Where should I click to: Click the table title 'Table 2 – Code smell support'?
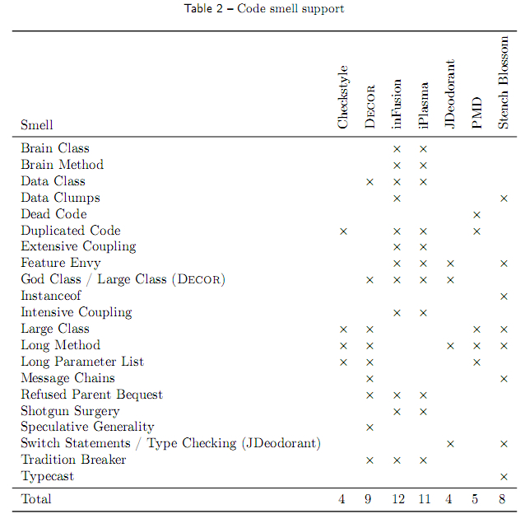tap(264, 9)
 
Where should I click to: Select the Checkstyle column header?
tap(343, 97)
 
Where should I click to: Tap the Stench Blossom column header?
tap(504, 82)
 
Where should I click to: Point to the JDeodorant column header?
tap(450, 94)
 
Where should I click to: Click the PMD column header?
tap(476, 113)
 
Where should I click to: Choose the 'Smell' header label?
tap(37, 124)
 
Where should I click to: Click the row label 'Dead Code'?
tap(54, 214)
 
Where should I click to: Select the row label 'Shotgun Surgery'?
tap(70, 411)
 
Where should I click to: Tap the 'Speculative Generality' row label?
tap(87, 427)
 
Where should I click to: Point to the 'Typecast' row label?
tap(47, 476)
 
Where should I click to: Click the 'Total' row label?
tap(36, 499)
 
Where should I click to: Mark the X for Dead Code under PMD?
tap(476, 215)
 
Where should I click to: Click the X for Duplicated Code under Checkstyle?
tap(343, 231)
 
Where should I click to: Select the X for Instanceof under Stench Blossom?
tap(504, 297)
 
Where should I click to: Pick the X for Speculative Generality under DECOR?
tap(369, 428)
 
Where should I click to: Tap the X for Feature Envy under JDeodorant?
tap(450, 264)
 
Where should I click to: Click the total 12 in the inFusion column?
tap(398, 499)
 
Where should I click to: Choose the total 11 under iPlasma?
tap(425, 499)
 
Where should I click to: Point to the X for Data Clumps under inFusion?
tap(397, 199)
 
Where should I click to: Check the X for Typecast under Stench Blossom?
tap(504, 477)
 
